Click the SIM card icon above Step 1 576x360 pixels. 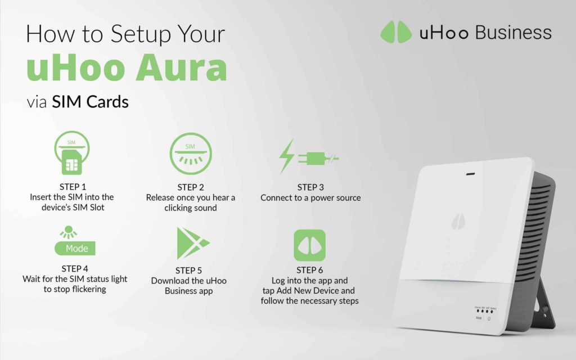point(71,155)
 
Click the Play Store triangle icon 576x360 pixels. point(191,243)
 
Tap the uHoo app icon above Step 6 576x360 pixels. point(309,245)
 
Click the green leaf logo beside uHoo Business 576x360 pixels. point(396,32)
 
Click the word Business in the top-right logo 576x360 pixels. point(513,32)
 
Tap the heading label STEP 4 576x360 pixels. point(75,268)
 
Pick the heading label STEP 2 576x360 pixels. point(190,187)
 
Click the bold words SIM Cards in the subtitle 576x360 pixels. point(90,102)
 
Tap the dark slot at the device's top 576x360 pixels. point(471,174)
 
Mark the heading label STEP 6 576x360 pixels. point(309,270)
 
